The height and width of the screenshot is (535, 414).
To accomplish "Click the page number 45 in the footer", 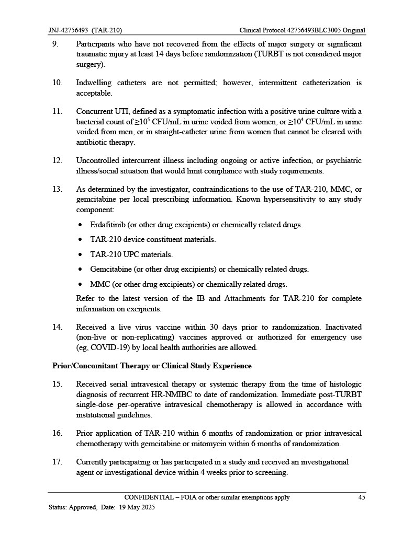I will [361, 497].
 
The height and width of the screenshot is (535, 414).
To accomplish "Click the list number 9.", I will [55, 44].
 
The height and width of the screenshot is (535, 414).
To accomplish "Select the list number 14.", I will [57, 327].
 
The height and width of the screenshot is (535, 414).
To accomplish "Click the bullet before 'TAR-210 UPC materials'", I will [80, 255].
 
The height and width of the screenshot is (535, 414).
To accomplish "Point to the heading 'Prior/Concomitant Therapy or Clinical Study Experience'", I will [152, 366].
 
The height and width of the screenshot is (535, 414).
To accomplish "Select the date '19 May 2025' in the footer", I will [137, 507].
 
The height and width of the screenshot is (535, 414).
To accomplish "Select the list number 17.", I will [57, 462].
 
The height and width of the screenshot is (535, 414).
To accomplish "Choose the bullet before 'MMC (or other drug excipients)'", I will [80, 285].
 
